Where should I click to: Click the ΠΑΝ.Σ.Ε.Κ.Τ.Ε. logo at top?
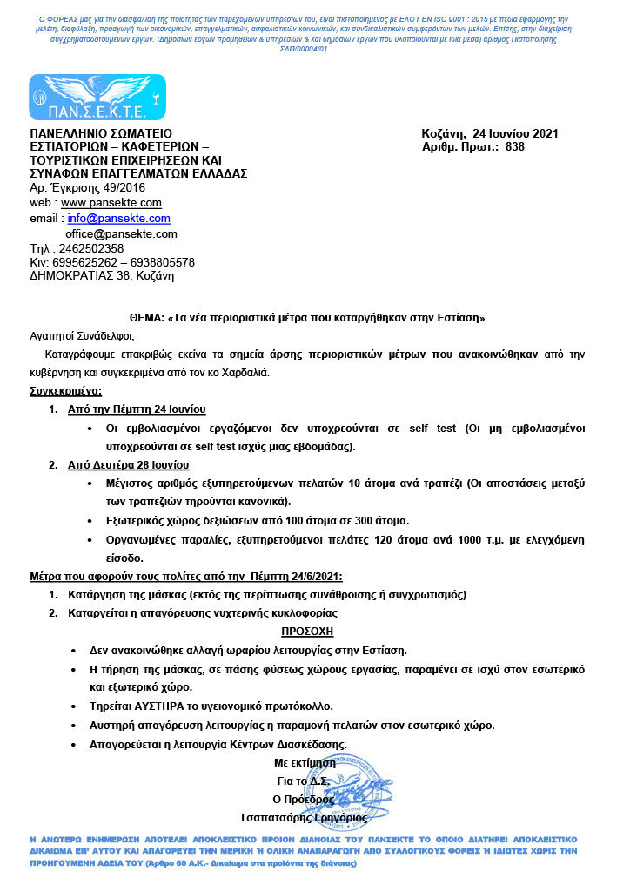[x=97, y=98]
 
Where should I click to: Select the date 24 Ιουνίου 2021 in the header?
[x=514, y=133]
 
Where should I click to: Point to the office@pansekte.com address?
[x=122, y=234]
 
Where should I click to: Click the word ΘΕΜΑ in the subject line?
[x=135, y=318]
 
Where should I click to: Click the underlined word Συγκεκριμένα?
[x=66, y=391]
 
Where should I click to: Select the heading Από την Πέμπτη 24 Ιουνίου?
[x=137, y=409]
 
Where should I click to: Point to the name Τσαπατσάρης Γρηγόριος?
[x=305, y=817]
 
